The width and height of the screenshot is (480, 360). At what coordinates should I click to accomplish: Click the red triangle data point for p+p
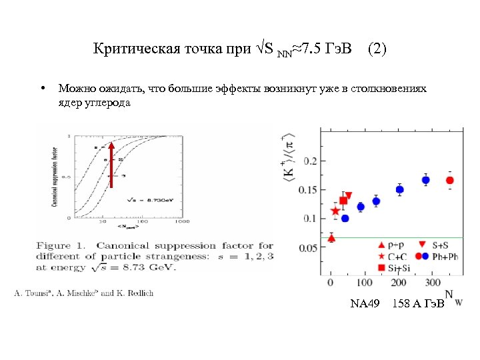click(x=331, y=238)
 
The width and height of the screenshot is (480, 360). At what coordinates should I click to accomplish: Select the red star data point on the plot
click(x=335, y=211)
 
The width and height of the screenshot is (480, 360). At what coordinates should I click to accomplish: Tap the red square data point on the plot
click(x=343, y=201)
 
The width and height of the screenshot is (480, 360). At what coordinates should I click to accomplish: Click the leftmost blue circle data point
click(x=345, y=218)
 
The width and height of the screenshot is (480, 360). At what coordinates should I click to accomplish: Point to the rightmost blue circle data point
click(x=426, y=181)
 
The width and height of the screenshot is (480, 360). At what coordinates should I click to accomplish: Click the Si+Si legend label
click(x=399, y=267)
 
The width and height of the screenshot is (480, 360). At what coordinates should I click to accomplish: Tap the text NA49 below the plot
click(x=365, y=304)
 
